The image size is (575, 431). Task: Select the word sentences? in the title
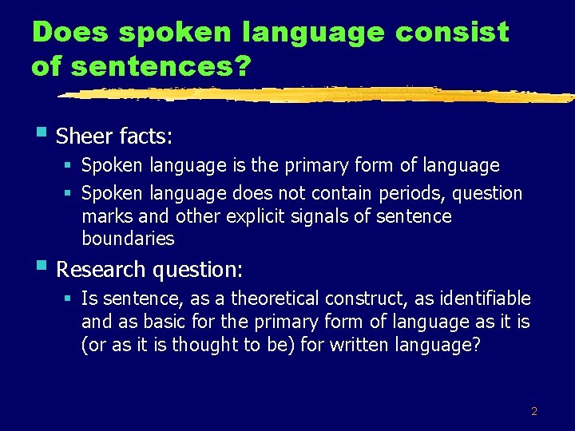pyautogui.click(x=155, y=67)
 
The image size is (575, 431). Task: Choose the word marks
pyautogui.click(x=104, y=216)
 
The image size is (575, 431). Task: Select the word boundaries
pyautogui.click(x=128, y=239)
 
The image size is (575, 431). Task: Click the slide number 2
pyautogui.click(x=534, y=412)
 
